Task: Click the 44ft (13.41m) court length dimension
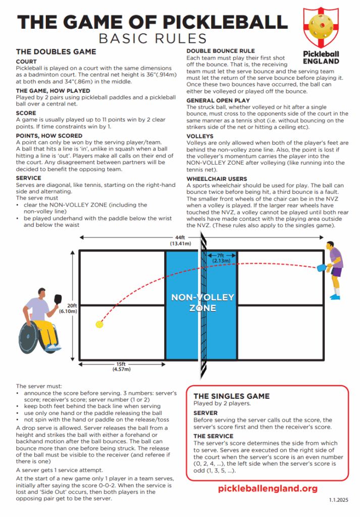(x=180, y=240)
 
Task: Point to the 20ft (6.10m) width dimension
(x=71, y=308)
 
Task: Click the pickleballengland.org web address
(x=268, y=488)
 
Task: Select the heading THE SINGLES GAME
(x=231, y=396)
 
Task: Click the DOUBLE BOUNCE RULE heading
(x=220, y=51)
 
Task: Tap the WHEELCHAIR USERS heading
(x=217, y=179)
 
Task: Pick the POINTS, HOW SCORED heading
(x=49, y=136)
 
